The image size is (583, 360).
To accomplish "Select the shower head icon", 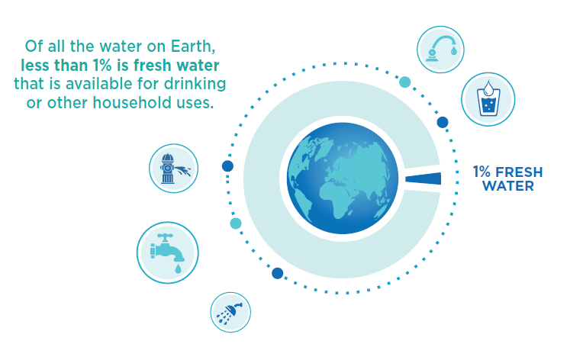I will click(x=230, y=313).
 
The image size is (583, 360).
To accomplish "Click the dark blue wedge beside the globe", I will click(x=424, y=178).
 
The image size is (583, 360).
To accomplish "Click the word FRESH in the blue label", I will click(x=519, y=171).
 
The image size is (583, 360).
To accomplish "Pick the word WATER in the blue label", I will click(x=507, y=185).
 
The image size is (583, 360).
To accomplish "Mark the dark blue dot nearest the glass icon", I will click(x=443, y=122).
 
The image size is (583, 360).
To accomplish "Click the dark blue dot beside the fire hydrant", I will click(x=227, y=166).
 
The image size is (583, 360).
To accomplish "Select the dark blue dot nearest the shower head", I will click(x=277, y=273).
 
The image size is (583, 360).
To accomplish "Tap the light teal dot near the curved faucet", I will click(x=404, y=82).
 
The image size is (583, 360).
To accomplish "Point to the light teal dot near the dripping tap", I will click(x=236, y=223).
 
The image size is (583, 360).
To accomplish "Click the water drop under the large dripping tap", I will click(x=177, y=268).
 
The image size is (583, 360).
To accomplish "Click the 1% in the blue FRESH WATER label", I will click(x=482, y=171).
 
